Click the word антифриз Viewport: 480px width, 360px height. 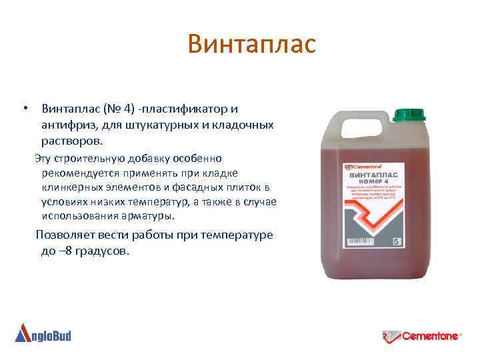tap(64, 125)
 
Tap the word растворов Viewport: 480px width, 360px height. tap(71, 141)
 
